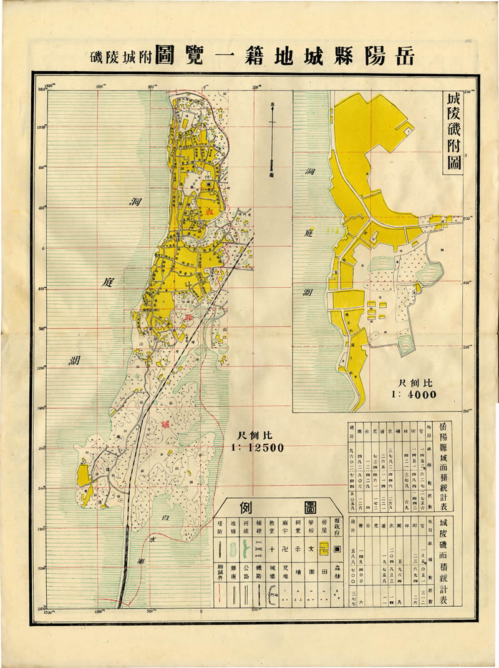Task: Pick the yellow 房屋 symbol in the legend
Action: click(x=322, y=548)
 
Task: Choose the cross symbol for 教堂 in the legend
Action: click(x=272, y=548)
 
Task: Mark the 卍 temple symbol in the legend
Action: click(x=288, y=548)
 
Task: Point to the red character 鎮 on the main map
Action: click(x=165, y=423)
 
